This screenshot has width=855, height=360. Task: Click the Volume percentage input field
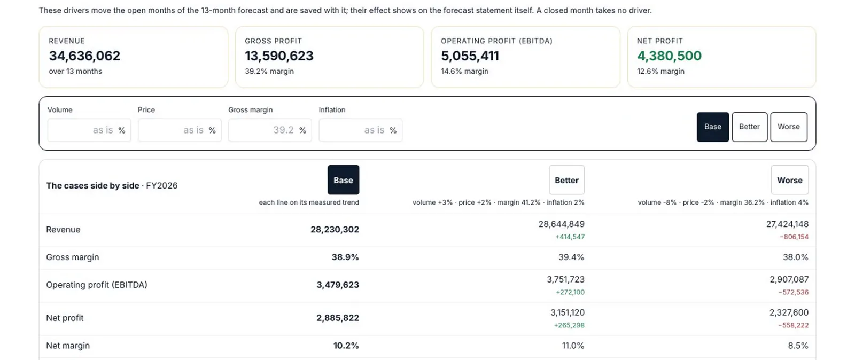[x=89, y=130]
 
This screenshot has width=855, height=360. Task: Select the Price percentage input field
[x=180, y=130]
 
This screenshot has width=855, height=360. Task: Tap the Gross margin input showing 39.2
[x=270, y=130]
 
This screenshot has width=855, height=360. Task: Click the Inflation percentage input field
[x=360, y=130]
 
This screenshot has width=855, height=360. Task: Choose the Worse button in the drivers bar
[x=789, y=127]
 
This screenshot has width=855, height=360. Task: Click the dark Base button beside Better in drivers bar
[x=713, y=127]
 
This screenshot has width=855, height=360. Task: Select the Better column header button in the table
[x=566, y=180]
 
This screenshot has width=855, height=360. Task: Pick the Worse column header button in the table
[x=790, y=180]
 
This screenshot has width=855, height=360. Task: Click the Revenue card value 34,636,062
[x=84, y=56]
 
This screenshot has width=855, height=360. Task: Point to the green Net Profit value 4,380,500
[x=669, y=56]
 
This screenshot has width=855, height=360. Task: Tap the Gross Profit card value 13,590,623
[x=279, y=56]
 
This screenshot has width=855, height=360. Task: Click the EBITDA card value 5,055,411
[x=470, y=56]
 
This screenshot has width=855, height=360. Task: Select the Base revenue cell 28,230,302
[x=335, y=230]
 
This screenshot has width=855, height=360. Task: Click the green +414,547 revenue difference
[x=570, y=237]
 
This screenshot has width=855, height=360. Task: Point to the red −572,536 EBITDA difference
[x=794, y=292]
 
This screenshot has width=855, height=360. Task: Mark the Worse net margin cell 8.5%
[x=798, y=346]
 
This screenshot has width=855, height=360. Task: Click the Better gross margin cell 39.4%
[x=571, y=257]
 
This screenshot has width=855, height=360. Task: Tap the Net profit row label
[x=65, y=318]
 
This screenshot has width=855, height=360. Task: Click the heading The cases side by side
[x=93, y=186]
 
